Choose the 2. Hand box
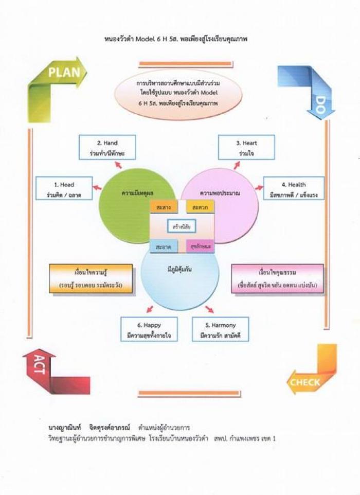107,147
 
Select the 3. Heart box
246,147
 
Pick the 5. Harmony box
220,329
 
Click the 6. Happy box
149,329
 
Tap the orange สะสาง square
164,207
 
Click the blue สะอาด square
164,246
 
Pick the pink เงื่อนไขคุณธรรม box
277,278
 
